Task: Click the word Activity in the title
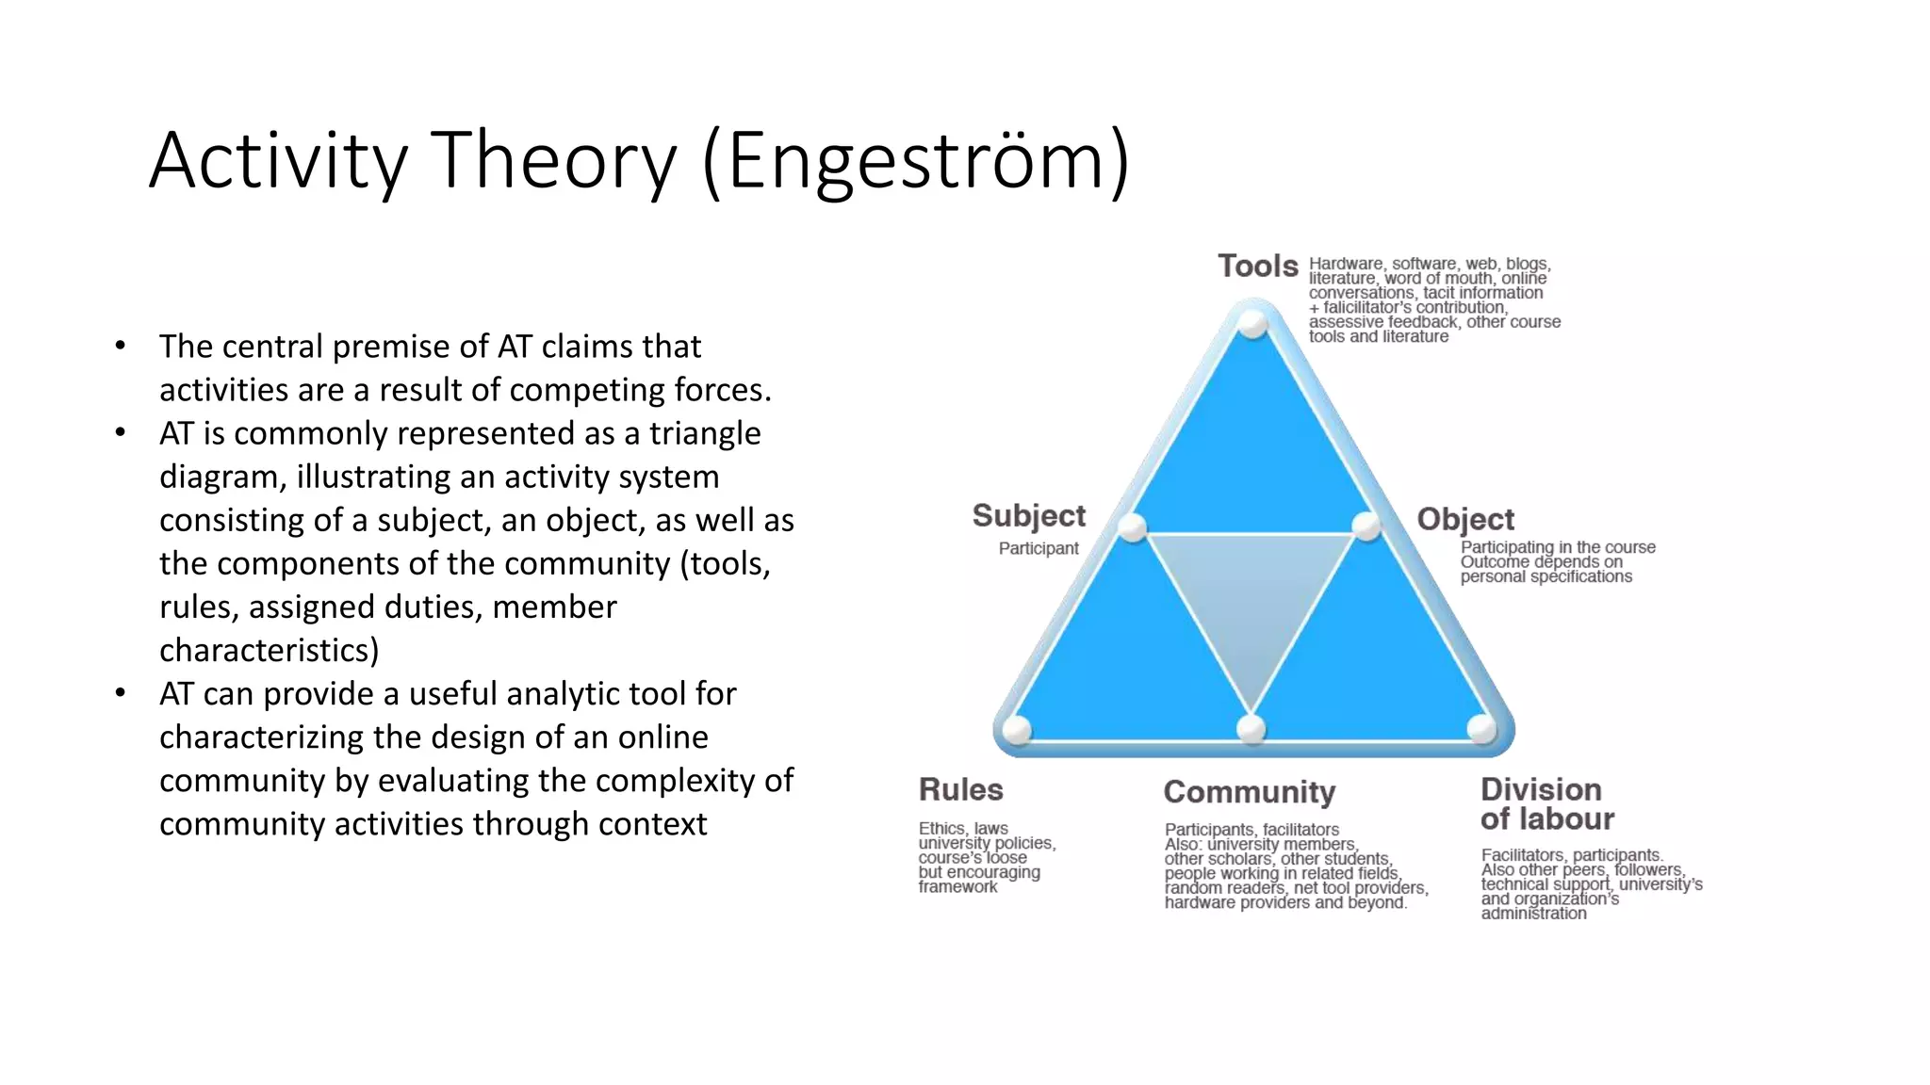(278, 162)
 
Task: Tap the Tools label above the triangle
(1257, 267)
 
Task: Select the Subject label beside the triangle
(1028, 516)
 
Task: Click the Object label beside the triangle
(1465, 519)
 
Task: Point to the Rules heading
(960, 789)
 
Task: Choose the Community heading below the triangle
(1249, 792)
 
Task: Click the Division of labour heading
(1546, 803)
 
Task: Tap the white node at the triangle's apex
(1252, 323)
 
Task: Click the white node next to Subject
(1133, 527)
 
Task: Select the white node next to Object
(1366, 526)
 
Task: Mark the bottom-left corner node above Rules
(1017, 729)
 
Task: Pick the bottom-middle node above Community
(1251, 728)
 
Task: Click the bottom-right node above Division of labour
(1482, 728)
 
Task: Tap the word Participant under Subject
(1039, 548)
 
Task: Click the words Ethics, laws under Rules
(963, 828)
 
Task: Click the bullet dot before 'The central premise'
(120, 346)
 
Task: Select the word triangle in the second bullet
(704, 433)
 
